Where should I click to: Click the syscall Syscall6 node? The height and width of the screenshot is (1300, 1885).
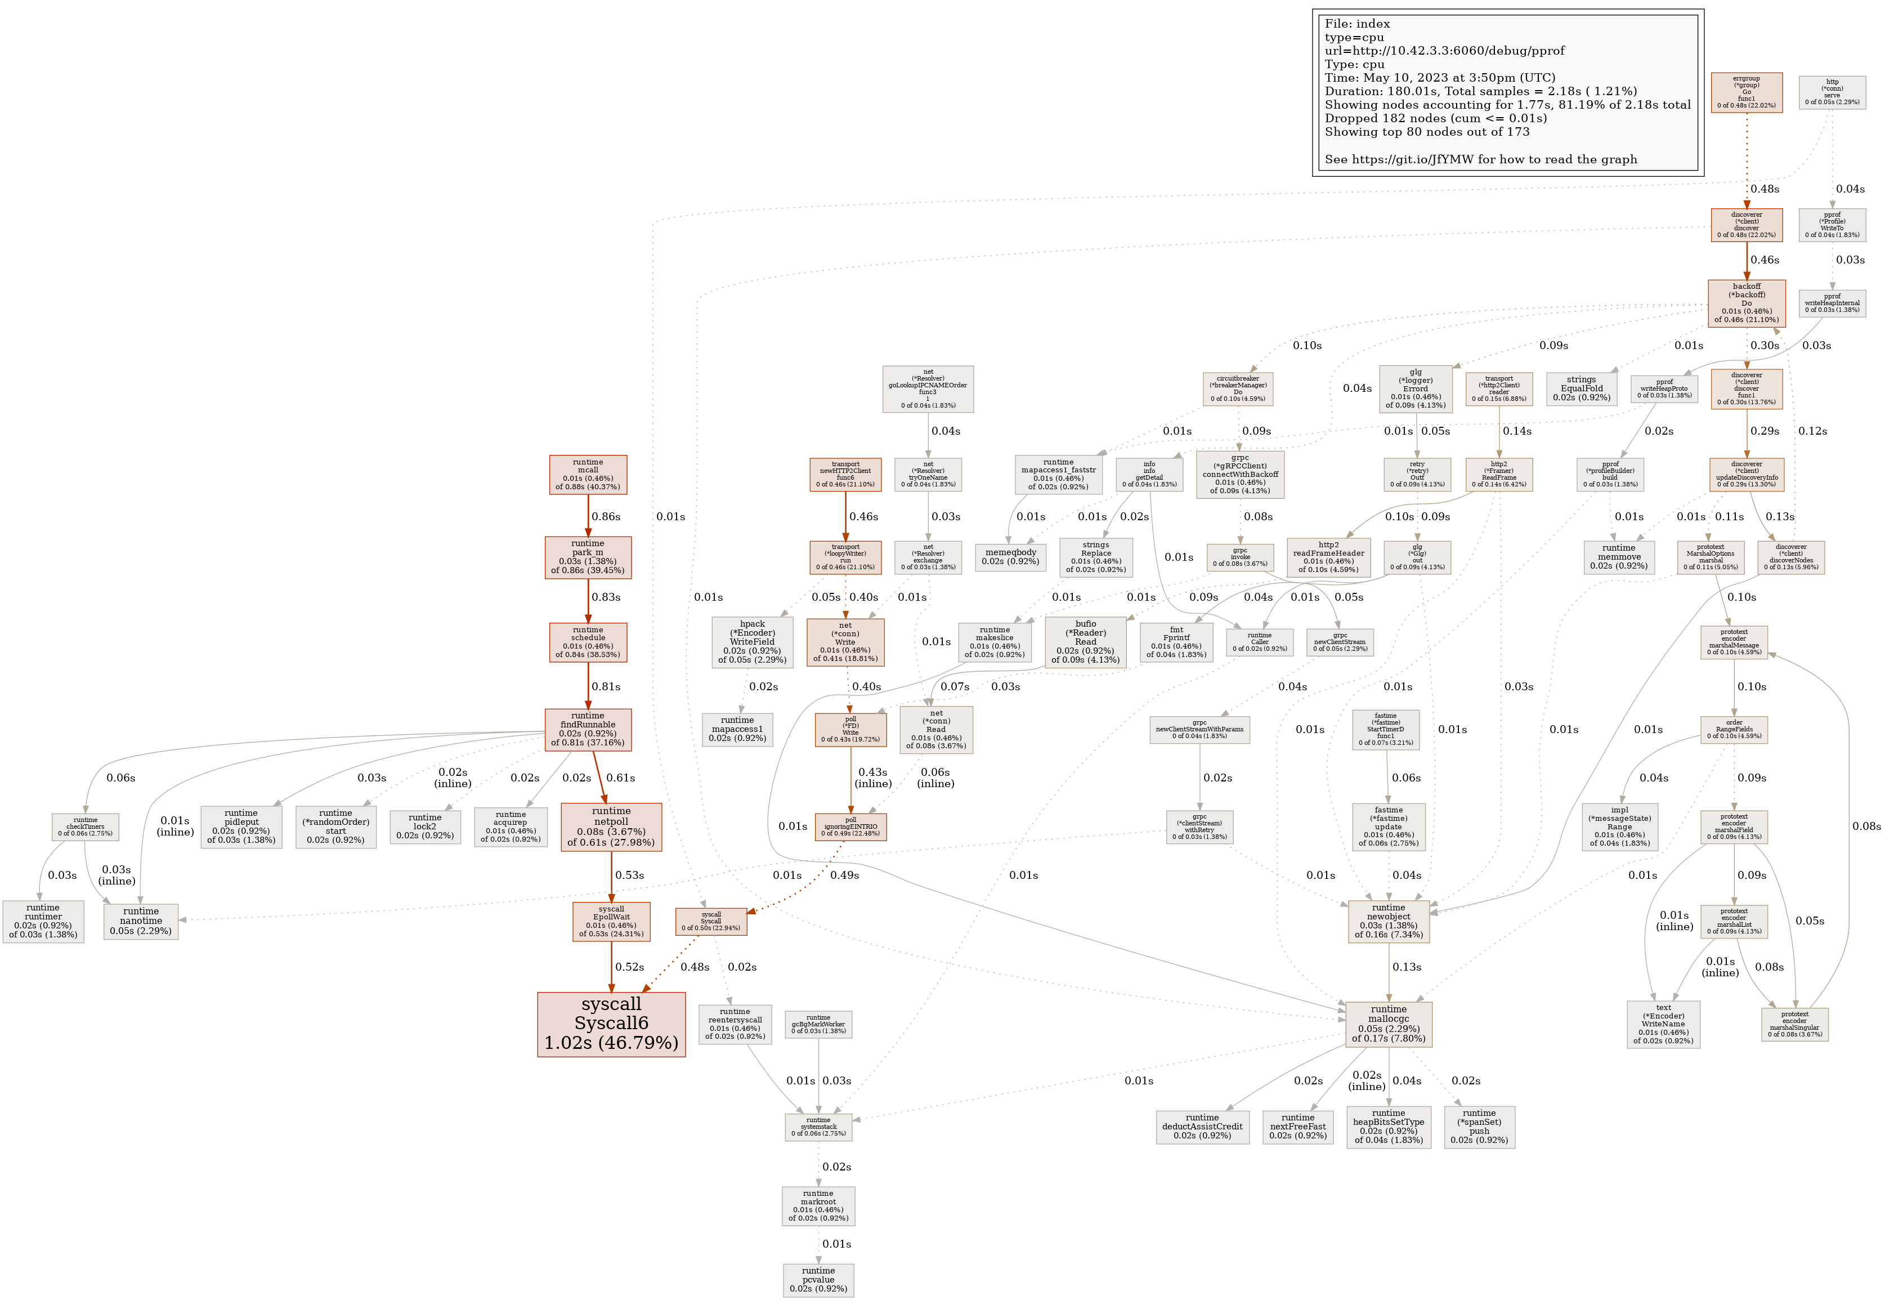(x=611, y=1024)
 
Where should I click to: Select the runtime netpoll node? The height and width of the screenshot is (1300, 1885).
(x=611, y=827)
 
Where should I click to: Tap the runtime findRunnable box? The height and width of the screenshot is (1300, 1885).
(x=587, y=729)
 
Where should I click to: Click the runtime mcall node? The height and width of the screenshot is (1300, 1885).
(x=587, y=474)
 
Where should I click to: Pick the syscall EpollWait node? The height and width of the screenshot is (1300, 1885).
(x=611, y=921)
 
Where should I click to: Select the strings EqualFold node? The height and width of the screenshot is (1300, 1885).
(x=1580, y=388)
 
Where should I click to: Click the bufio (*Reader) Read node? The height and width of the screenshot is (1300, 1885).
(x=1085, y=642)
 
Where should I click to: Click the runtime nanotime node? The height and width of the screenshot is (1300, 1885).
(x=141, y=921)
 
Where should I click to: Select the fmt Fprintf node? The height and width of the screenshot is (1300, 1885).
(x=1176, y=642)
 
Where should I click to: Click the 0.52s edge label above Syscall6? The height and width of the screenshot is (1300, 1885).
(x=629, y=967)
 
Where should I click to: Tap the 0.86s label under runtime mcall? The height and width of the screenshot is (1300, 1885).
(x=606, y=516)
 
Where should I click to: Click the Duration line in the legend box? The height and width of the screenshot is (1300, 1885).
(x=1480, y=91)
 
